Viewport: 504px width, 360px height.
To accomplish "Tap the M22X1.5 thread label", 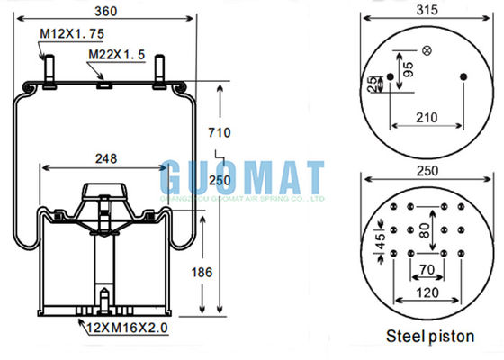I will pyautogui.click(x=113, y=54).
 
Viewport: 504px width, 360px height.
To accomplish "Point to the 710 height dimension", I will pyautogui.click(x=220, y=133).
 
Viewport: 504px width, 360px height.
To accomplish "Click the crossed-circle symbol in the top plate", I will pyautogui.click(x=426, y=49).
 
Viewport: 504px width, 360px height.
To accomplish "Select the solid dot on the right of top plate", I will pyautogui.click(x=463, y=76).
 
